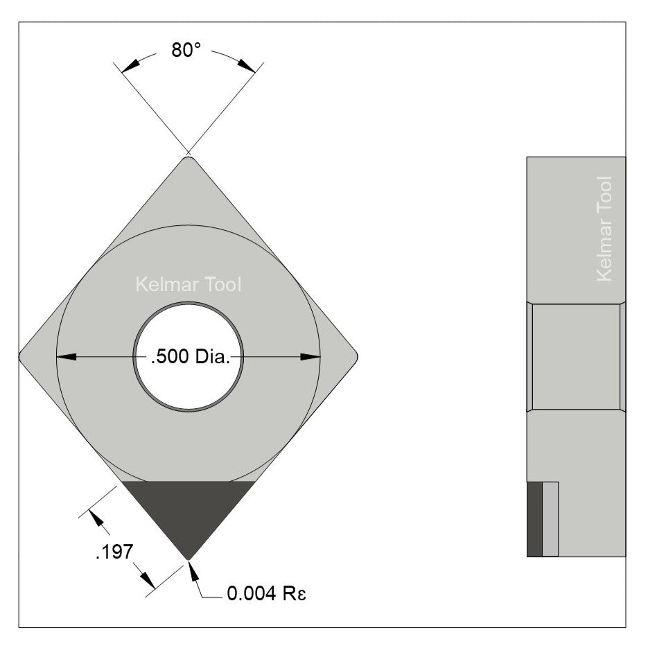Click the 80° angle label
point(186,51)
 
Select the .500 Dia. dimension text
point(189,358)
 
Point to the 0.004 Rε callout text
point(265,595)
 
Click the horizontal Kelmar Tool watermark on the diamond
point(189,285)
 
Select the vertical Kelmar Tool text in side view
point(604,228)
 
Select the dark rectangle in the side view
point(534,518)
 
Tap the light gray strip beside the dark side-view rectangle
point(550,518)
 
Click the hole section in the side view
point(575,356)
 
